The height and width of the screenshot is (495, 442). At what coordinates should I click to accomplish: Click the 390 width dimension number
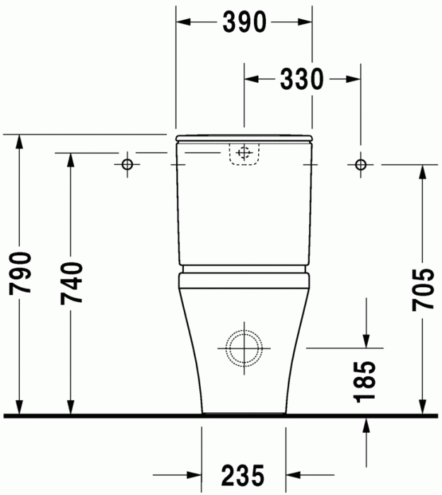click(244, 23)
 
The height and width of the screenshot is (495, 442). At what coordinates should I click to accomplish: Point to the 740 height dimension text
click(71, 283)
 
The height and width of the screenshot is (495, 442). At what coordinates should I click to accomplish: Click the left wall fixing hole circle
click(127, 165)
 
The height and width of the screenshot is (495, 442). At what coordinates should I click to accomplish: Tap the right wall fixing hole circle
click(361, 165)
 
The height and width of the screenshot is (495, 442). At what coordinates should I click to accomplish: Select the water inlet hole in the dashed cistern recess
click(244, 153)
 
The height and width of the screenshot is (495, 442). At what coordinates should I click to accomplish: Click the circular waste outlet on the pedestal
click(244, 347)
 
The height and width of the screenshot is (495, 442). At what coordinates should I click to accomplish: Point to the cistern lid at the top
click(244, 137)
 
